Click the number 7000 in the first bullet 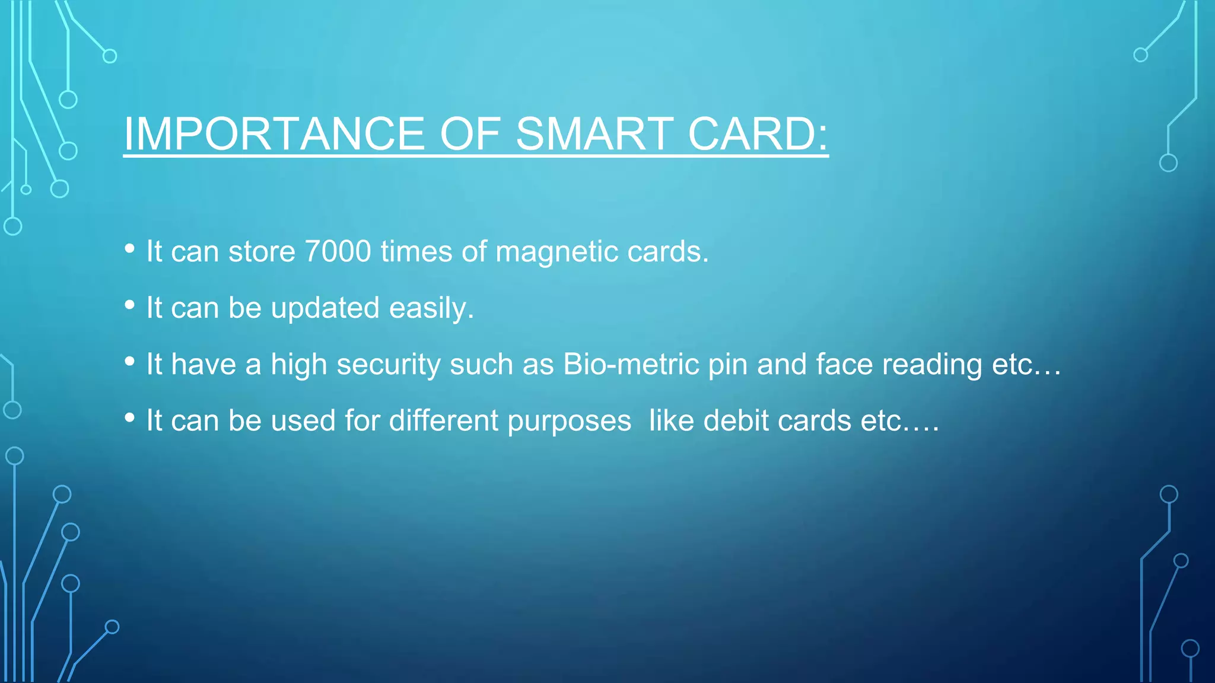[x=338, y=251]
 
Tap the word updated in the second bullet [x=325, y=308]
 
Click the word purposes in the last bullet [x=569, y=420]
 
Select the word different [x=444, y=420]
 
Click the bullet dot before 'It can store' [x=130, y=249]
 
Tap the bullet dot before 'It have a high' [x=130, y=362]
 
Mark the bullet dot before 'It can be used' [x=130, y=418]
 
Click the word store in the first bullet [x=262, y=251]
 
